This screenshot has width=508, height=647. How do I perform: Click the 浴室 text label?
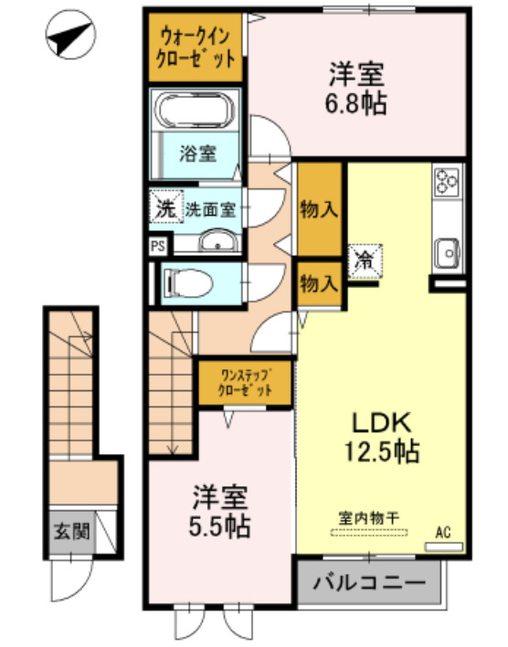click(198, 153)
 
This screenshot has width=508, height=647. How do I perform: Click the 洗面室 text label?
click(213, 208)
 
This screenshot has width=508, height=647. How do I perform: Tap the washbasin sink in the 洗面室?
click(217, 242)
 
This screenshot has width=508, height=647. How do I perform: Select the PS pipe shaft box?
click(158, 245)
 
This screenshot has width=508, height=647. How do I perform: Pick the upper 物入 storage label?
click(319, 208)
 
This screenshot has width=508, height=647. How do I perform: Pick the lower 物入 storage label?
click(319, 283)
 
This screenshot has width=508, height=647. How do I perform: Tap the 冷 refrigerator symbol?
click(364, 260)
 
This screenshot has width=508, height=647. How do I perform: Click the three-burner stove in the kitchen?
click(448, 182)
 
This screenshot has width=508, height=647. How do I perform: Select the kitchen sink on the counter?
click(448, 249)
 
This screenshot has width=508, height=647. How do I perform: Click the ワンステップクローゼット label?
click(245, 382)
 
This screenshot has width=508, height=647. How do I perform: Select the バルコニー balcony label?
click(369, 582)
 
